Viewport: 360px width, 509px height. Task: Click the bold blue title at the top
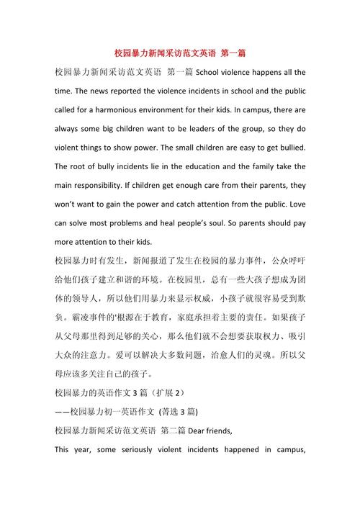(x=180, y=54)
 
